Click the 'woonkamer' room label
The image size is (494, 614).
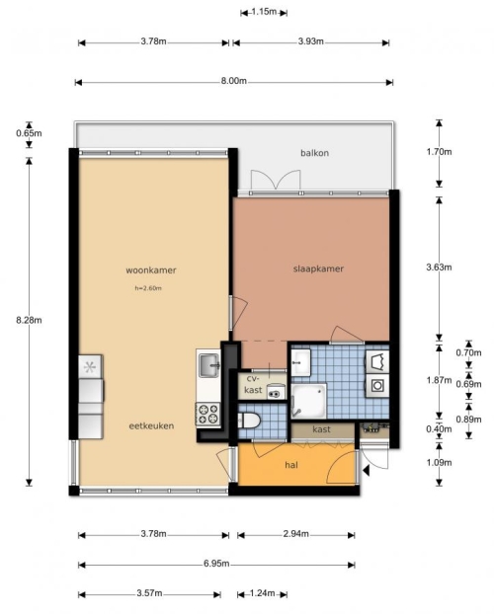pyautogui.click(x=151, y=270)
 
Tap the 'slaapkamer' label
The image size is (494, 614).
pyautogui.click(x=318, y=269)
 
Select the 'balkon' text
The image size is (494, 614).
pyautogui.click(x=314, y=153)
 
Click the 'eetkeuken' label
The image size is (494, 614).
pyautogui.click(x=151, y=425)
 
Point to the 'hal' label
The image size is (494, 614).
pyautogui.click(x=291, y=465)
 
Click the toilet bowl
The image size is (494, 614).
pyautogui.click(x=249, y=421)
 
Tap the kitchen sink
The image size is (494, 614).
pyautogui.click(x=209, y=365)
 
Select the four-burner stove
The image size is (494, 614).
pyautogui.click(x=208, y=415)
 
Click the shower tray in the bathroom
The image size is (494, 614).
pyautogui.click(x=309, y=401)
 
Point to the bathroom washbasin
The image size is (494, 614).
pyautogui.click(x=300, y=362)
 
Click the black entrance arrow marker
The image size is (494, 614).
pyautogui.click(x=367, y=470)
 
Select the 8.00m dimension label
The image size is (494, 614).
pyautogui.click(x=234, y=81)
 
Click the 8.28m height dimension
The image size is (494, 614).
pyautogui.click(x=29, y=320)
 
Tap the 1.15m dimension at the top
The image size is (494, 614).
pyautogui.click(x=264, y=12)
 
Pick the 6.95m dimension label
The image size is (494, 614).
pyautogui.click(x=216, y=564)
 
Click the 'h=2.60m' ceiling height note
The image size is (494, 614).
pyautogui.click(x=148, y=288)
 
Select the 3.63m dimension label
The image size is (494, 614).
pyautogui.click(x=439, y=268)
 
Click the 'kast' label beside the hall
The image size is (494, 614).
pyautogui.click(x=321, y=429)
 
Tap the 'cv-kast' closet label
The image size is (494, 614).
pyautogui.click(x=253, y=384)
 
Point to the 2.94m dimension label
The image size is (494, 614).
pyautogui.click(x=296, y=534)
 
